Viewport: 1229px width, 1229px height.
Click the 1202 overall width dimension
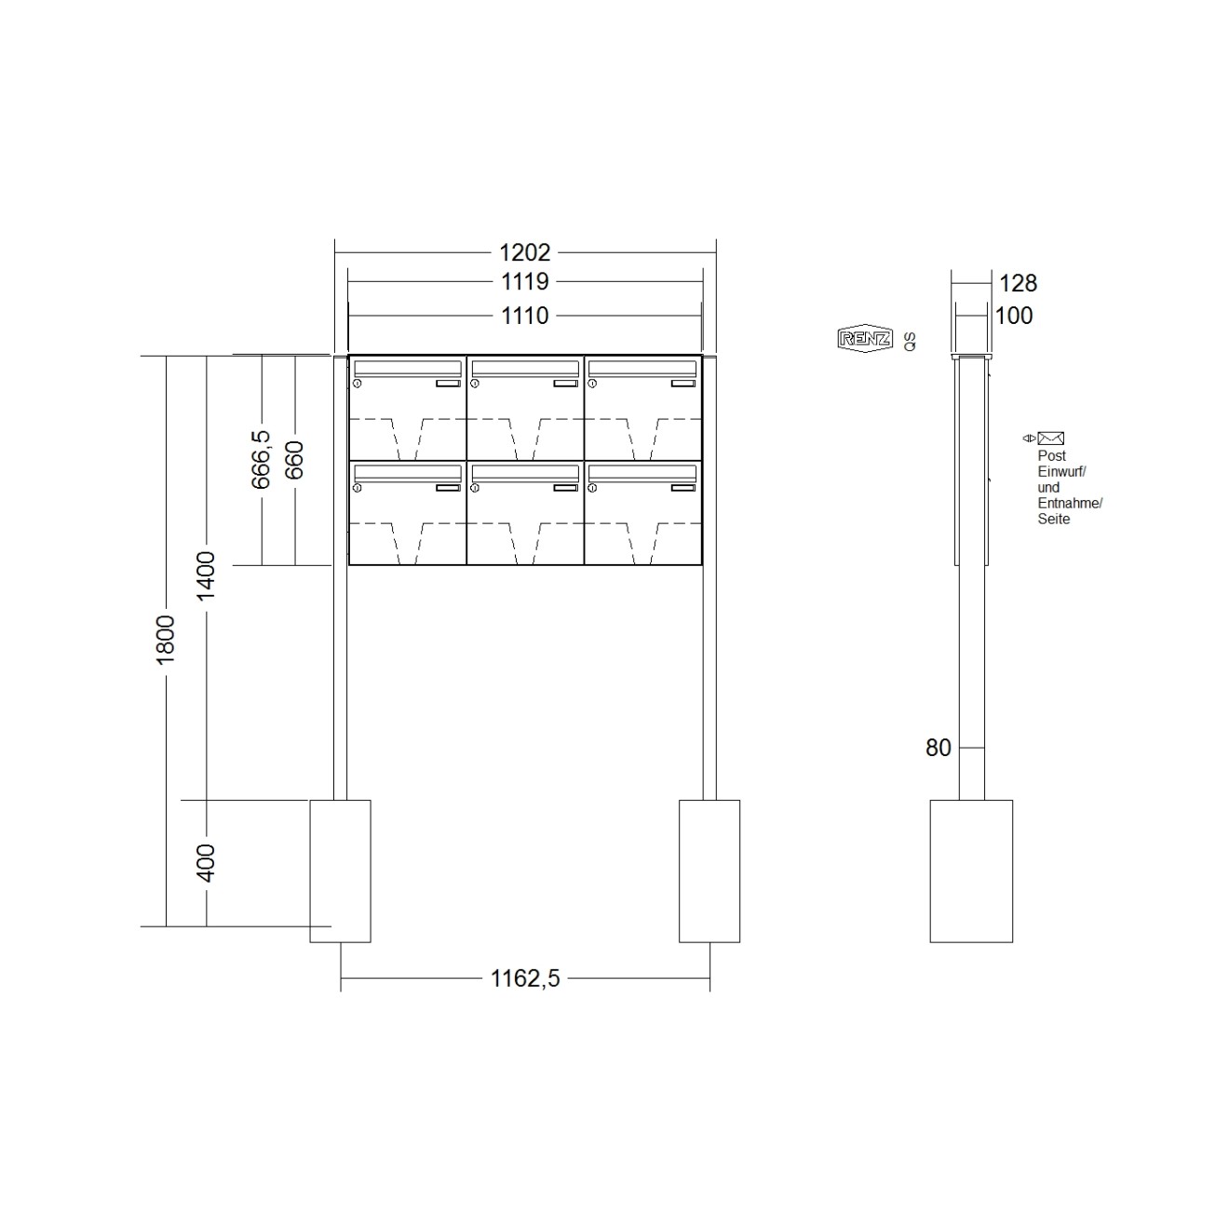[525, 252]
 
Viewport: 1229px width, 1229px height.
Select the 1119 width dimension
[525, 281]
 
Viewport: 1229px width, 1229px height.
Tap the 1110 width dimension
[525, 316]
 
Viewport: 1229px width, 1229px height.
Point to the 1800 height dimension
[166, 639]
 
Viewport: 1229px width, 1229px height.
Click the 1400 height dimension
[206, 575]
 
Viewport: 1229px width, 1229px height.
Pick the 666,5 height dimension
[262, 459]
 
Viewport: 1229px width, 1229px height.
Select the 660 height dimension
[294, 459]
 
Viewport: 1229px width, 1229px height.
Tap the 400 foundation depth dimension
[206, 863]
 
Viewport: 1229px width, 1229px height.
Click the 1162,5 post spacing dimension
[525, 979]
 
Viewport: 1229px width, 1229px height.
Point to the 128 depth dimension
[1018, 283]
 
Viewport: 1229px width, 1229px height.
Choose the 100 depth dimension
[1014, 316]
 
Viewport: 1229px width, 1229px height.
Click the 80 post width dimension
[939, 748]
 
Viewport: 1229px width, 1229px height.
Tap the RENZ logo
[865, 339]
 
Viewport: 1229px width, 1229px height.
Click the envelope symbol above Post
[1050, 438]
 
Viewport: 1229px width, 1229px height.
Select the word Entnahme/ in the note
[1070, 504]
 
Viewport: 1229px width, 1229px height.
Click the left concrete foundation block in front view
[340, 871]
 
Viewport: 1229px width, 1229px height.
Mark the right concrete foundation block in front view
[709, 871]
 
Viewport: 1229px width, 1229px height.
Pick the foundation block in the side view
[971, 871]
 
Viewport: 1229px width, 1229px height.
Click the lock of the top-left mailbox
[357, 383]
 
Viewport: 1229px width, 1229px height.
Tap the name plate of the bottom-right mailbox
[682, 487]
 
